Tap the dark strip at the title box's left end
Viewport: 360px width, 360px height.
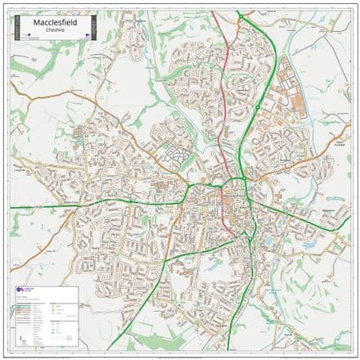13,28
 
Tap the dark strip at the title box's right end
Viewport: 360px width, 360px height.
95,28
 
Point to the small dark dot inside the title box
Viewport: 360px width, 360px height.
20,36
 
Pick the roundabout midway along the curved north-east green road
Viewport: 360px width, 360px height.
257,106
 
